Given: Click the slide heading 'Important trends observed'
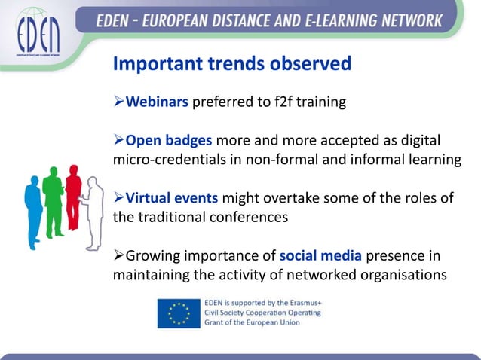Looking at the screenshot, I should (x=231, y=64).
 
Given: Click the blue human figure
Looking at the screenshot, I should (x=33, y=204).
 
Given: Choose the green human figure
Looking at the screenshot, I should (x=53, y=195).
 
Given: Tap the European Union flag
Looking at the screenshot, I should (x=179, y=313).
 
